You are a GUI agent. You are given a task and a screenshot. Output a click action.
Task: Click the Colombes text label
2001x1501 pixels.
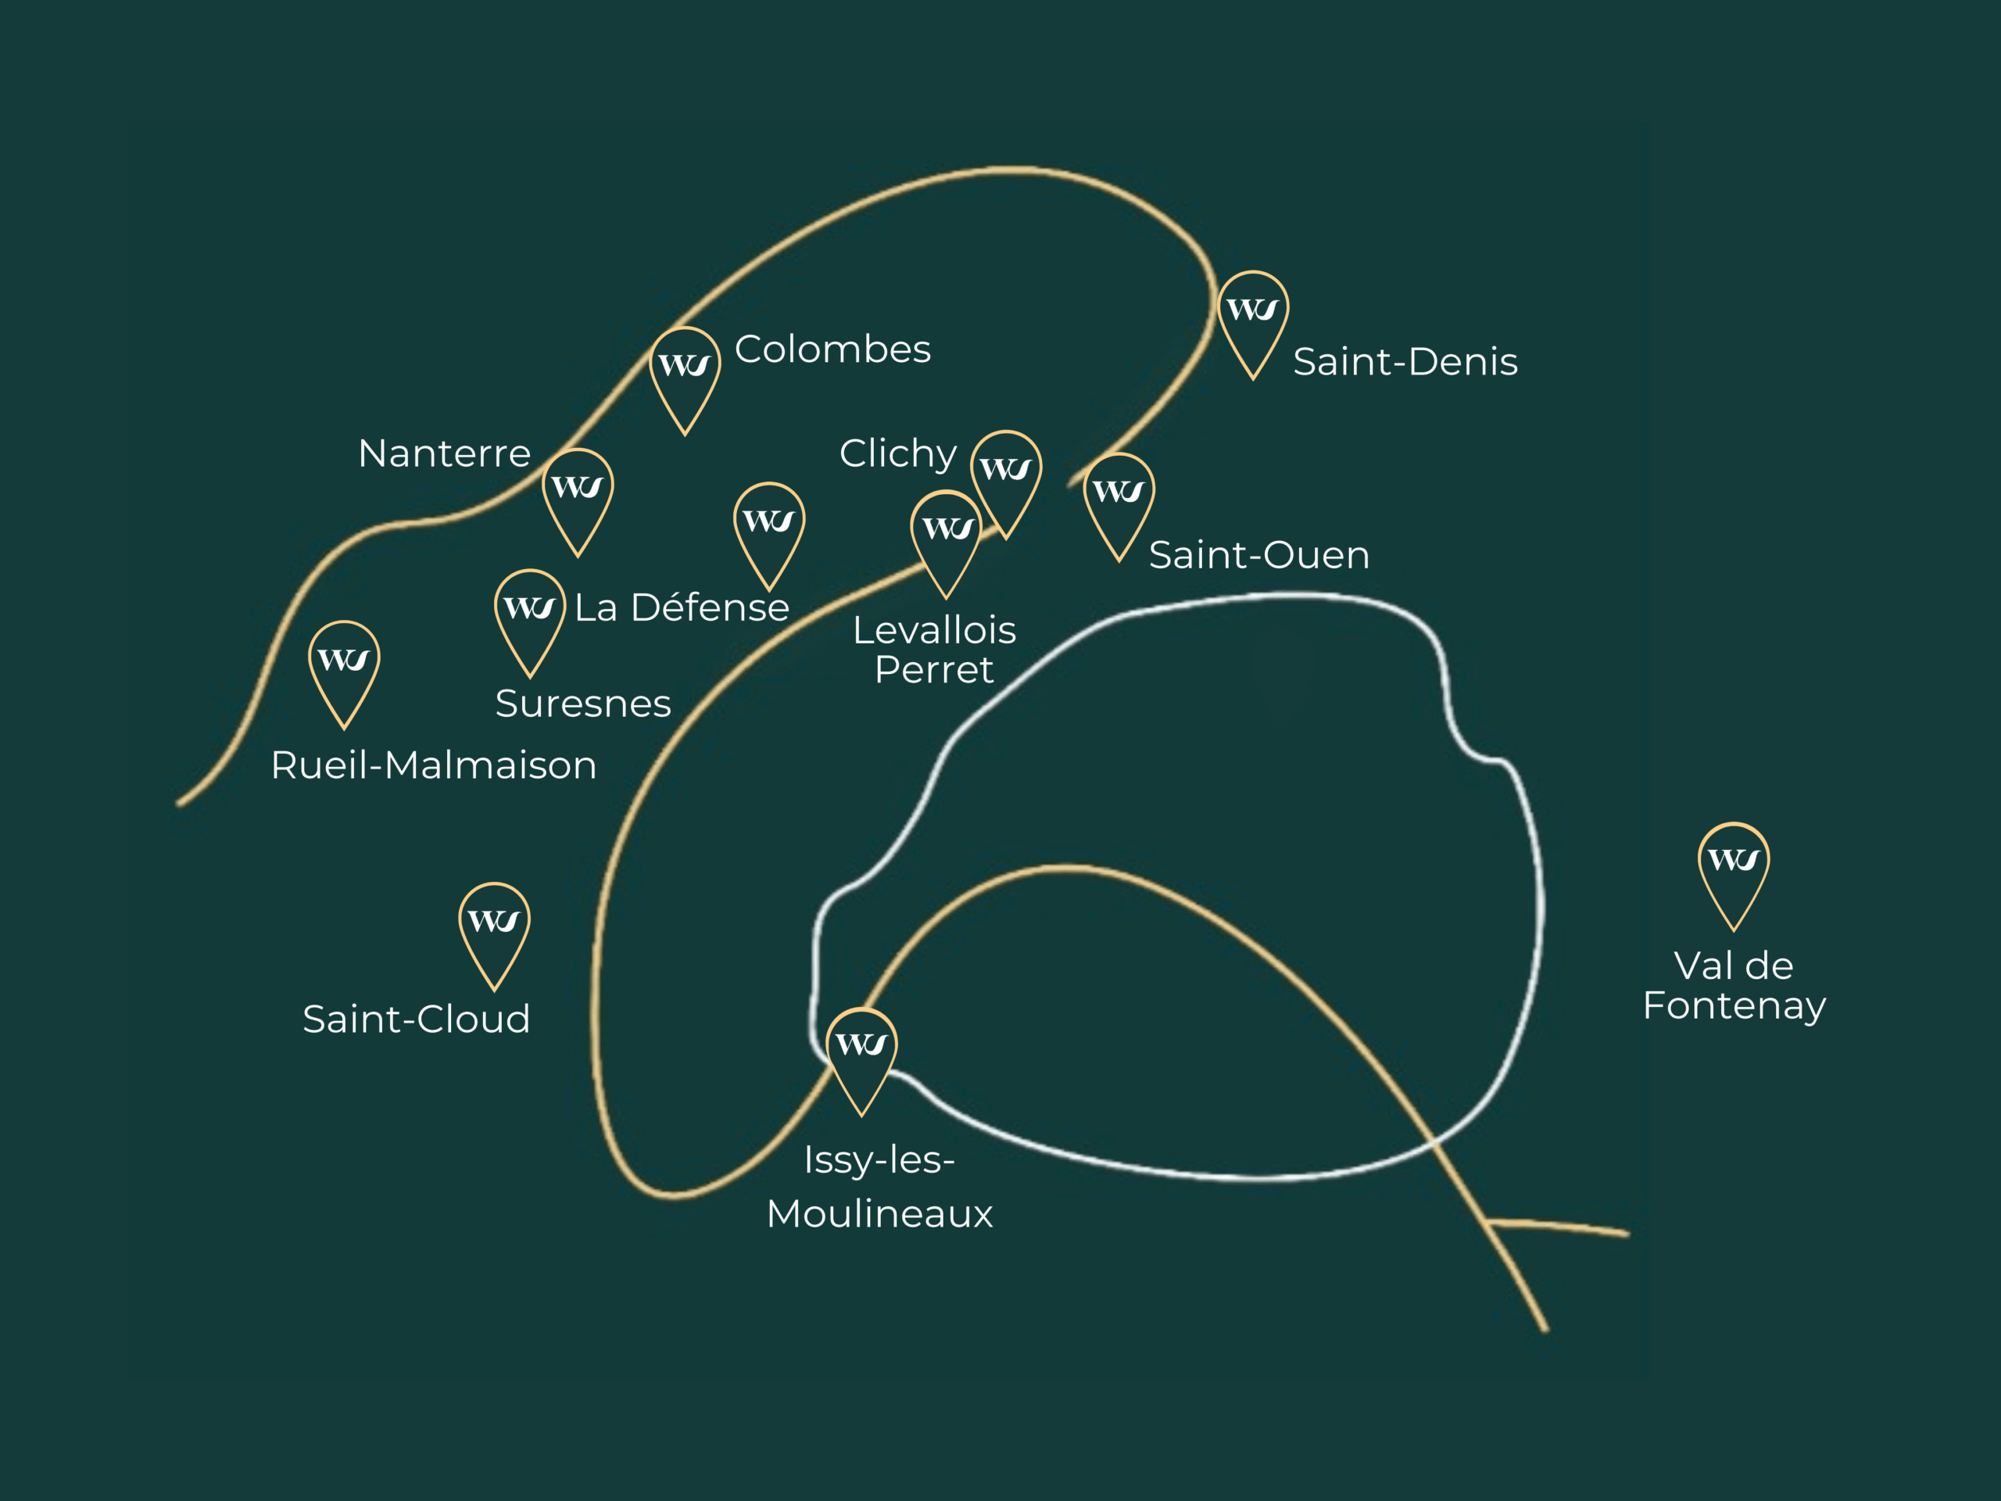tap(832, 349)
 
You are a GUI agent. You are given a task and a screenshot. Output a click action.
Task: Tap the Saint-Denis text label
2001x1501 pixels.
tap(1405, 362)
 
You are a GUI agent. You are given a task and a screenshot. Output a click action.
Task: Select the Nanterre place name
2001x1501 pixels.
tap(444, 453)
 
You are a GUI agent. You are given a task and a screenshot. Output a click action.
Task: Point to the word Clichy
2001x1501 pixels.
tap(897, 453)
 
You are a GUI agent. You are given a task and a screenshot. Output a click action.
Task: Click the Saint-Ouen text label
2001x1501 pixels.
tap(1258, 556)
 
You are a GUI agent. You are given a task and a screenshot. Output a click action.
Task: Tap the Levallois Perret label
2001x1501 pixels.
tap(935, 650)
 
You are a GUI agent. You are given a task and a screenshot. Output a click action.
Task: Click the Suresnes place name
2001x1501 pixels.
tap(582, 704)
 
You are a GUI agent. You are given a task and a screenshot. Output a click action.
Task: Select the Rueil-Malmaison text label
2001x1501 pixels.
tap(433, 765)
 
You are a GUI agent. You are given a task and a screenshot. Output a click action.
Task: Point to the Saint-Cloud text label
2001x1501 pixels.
tap(416, 1019)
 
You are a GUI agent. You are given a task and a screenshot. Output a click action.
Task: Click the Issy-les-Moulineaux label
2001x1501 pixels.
tap(879, 1186)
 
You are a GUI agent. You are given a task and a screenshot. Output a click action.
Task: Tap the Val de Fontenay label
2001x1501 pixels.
tap(1734, 985)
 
